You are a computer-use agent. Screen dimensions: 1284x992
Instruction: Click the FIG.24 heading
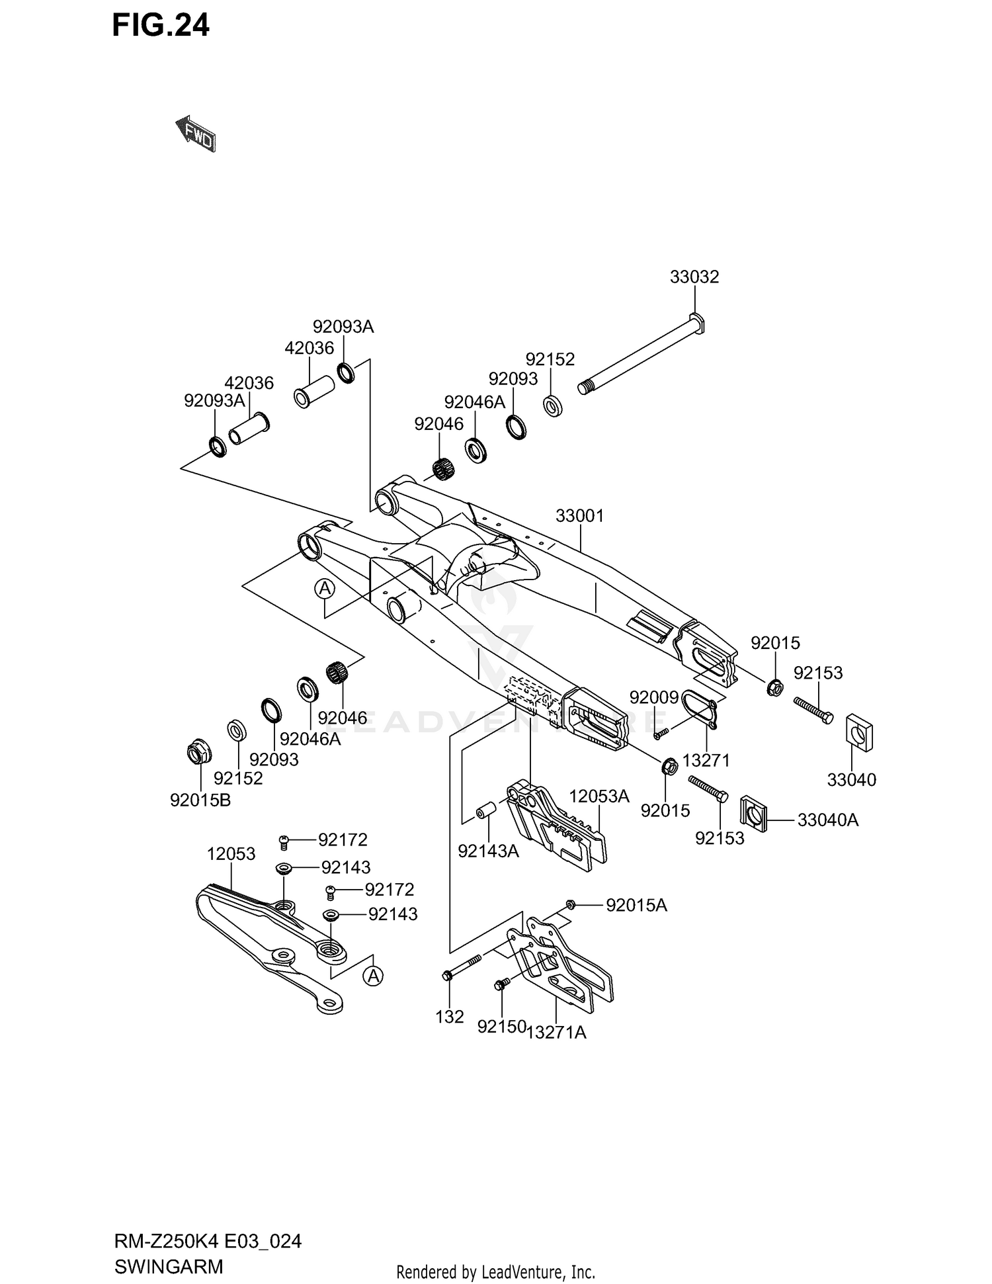click(161, 26)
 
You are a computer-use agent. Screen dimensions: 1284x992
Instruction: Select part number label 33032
click(694, 277)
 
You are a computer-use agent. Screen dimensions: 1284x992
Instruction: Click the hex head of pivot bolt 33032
click(697, 323)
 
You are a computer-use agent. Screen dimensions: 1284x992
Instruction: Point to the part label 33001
click(579, 515)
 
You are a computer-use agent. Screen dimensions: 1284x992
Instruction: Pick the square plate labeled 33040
click(860, 732)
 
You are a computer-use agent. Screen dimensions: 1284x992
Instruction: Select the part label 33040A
click(827, 820)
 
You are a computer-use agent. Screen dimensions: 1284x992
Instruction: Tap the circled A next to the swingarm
click(325, 588)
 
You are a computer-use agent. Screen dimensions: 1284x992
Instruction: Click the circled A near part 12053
click(374, 975)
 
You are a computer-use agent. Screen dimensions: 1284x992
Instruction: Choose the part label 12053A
click(599, 796)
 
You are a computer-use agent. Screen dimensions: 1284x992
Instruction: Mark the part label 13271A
click(556, 1032)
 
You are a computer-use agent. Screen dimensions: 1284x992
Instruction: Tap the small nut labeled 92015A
click(571, 904)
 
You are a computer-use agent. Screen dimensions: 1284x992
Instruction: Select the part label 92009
click(653, 697)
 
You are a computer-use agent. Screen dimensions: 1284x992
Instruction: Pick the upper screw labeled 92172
click(284, 841)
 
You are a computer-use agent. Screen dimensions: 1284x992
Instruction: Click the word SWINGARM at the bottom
click(169, 1267)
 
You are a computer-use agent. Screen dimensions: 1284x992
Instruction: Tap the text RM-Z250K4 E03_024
click(208, 1241)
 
